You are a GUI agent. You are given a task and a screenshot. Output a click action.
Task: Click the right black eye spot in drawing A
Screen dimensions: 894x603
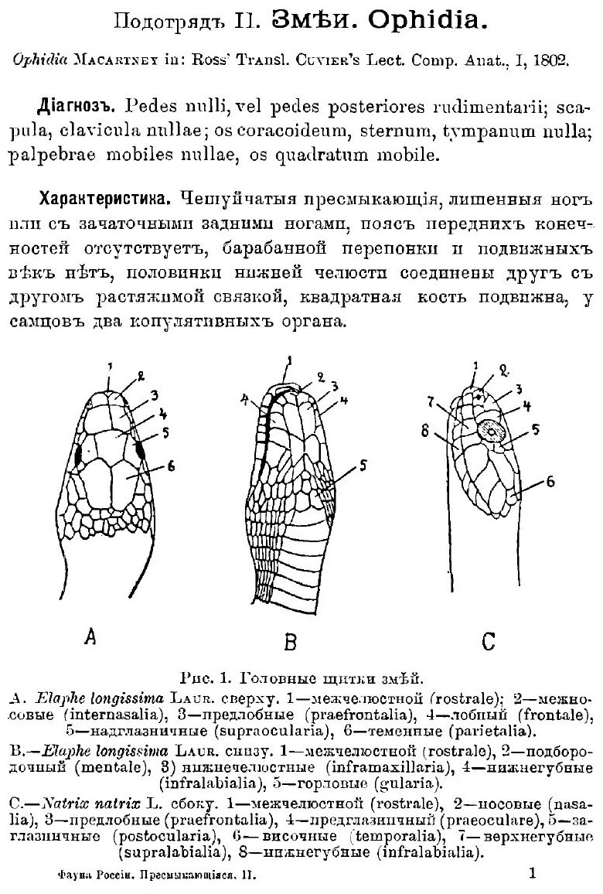tap(141, 448)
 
